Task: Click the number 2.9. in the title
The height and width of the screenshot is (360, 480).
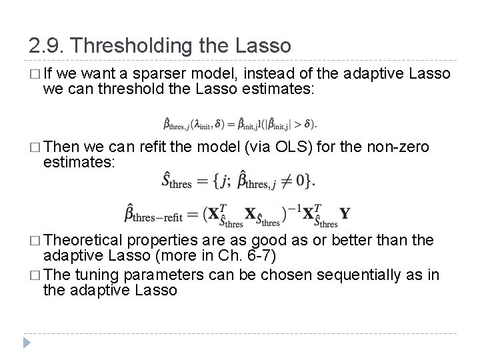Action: coord(47,46)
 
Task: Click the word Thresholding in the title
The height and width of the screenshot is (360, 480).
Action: coord(139,46)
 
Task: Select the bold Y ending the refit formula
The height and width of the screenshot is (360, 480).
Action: coord(344,213)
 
